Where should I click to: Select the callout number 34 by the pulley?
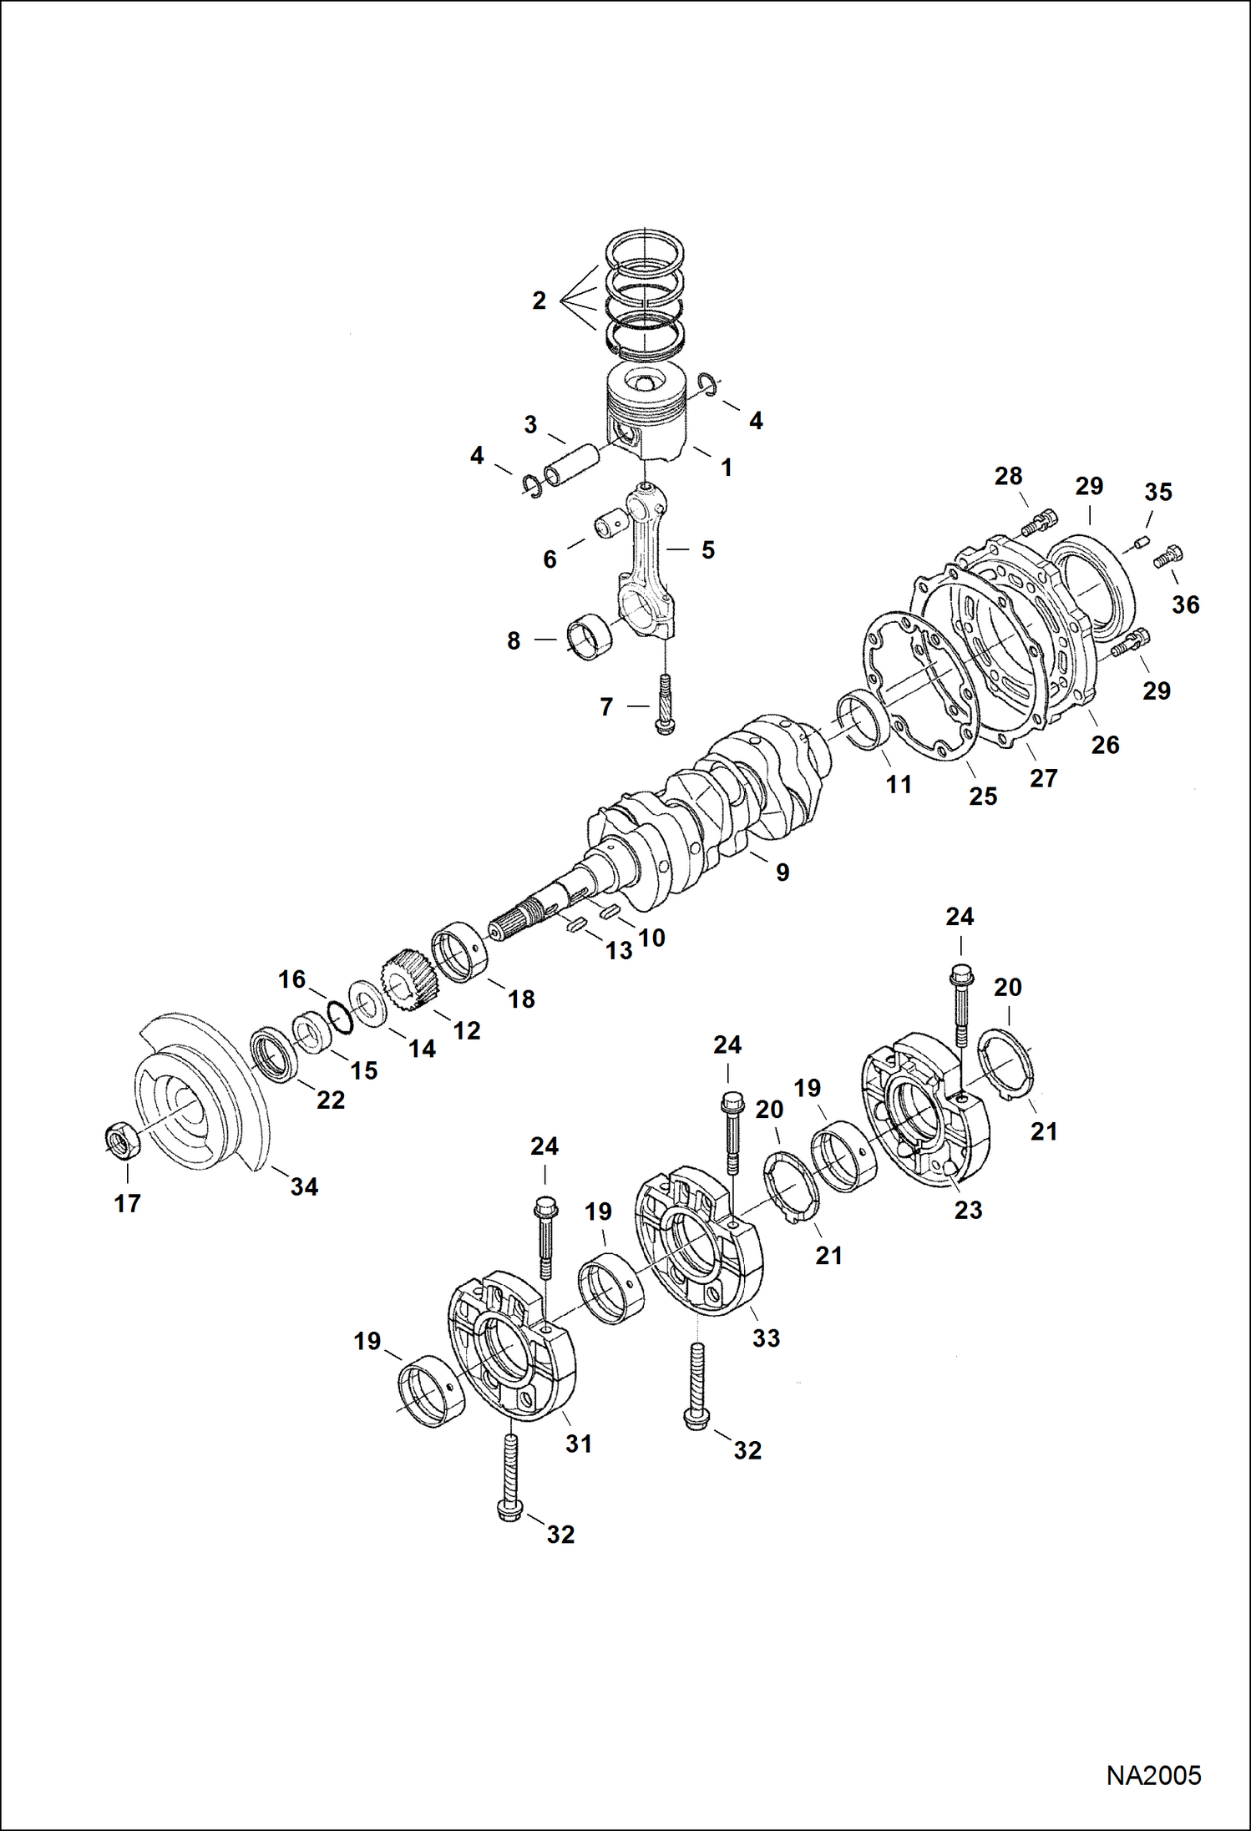(304, 1186)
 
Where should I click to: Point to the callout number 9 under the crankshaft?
(783, 873)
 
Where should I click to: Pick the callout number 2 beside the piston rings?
(539, 301)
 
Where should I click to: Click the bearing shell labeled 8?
(589, 640)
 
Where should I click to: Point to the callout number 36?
(1185, 604)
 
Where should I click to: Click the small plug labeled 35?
(1138, 546)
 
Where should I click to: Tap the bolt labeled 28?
(1037, 523)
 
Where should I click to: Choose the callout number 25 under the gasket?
(983, 797)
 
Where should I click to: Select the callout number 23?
(968, 1210)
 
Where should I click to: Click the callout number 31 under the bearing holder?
(579, 1444)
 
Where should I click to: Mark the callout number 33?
(766, 1338)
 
